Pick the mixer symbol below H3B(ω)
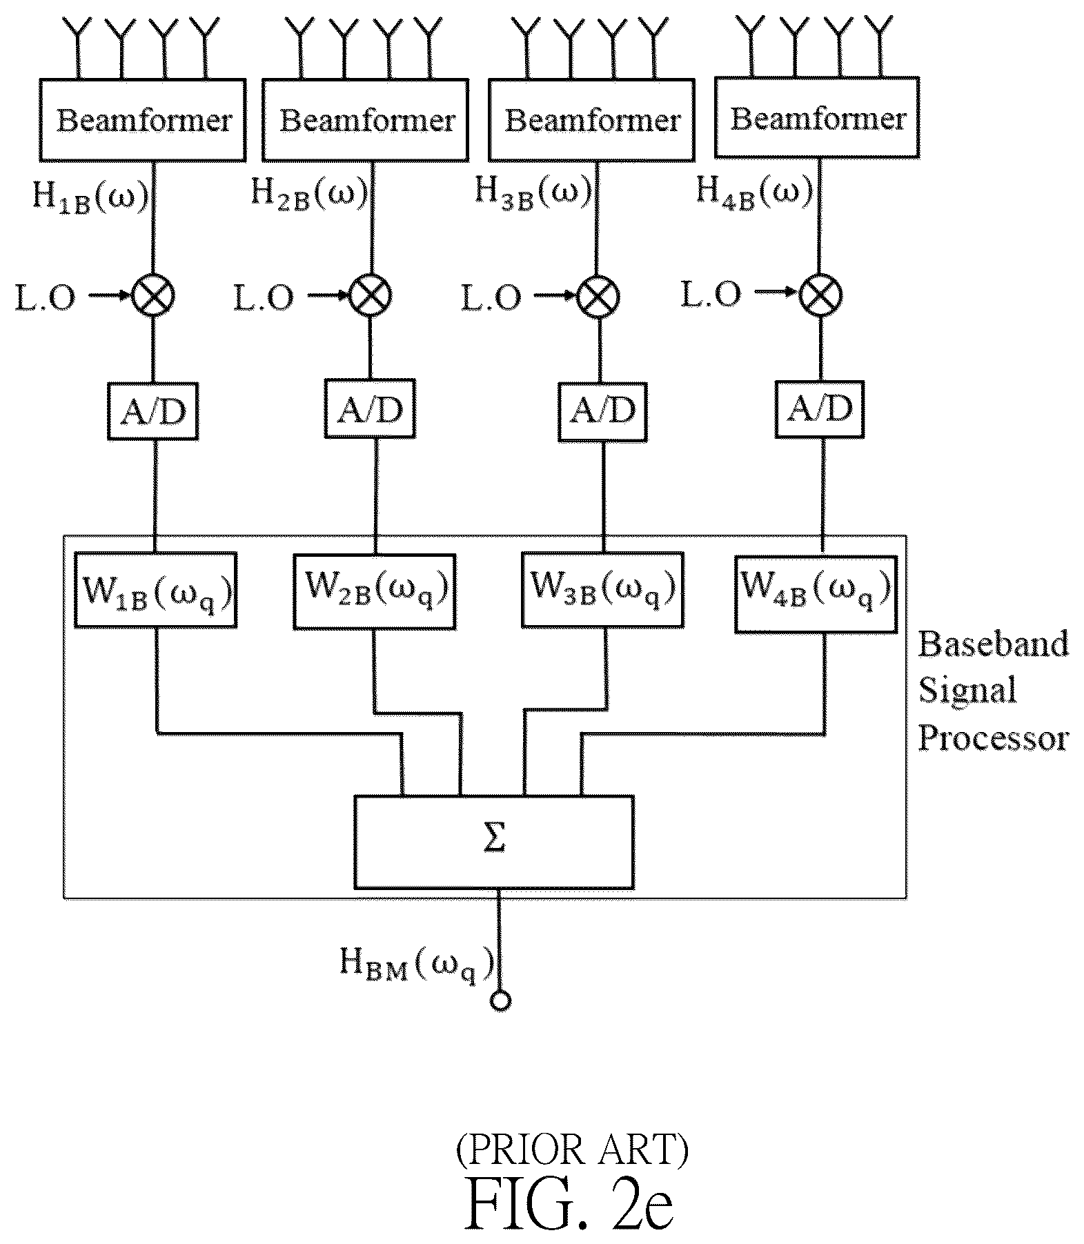click(598, 296)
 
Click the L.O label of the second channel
click(264, 297)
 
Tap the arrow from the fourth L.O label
click(776, 293)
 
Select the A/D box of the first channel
click(153, 411)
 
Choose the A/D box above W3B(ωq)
click(602, 411)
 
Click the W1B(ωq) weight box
click(155, 590)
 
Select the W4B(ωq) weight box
click(816, 592)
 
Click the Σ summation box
click(494, 842)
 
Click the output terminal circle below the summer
click(500, 1000)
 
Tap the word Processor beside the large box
click(993, 739)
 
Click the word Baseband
click(993, 644)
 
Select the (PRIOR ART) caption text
click(571, 1149)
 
